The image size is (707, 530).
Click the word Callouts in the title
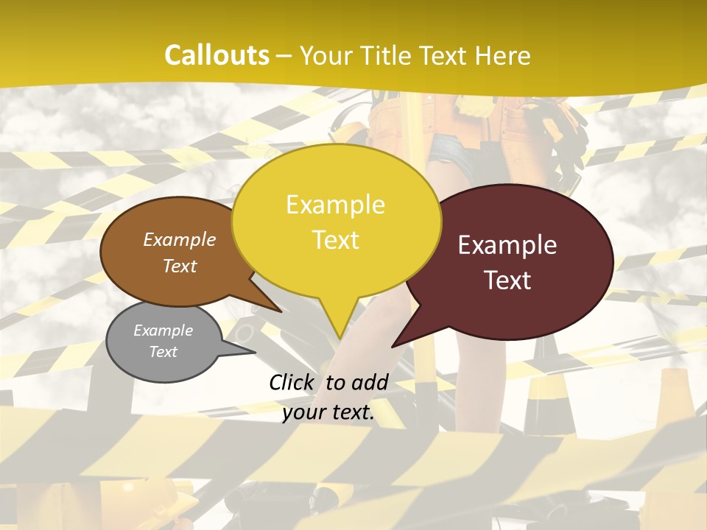217,55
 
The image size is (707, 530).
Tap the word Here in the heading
501,56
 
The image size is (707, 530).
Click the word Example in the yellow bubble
336,204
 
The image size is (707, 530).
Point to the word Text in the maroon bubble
508,280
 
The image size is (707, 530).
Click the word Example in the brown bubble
180,239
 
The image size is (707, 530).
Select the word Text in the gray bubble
163,352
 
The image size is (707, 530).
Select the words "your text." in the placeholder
328,413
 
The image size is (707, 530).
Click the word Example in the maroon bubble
507,245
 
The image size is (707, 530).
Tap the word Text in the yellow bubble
336,240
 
